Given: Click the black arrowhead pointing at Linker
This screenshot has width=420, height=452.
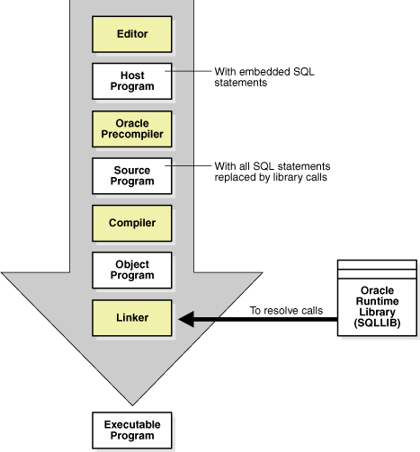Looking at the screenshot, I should pos(187,318).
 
